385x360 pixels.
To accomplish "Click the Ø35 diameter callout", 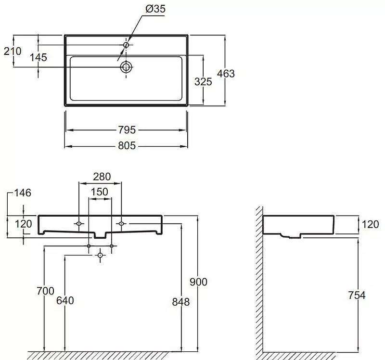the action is pos(155,9).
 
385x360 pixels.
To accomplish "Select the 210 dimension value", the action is pos(13,51).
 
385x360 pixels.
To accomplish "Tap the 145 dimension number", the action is pos(38,57).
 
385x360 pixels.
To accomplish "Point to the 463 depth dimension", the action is pos(226,74).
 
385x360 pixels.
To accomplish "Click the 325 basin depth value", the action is pos(203,82).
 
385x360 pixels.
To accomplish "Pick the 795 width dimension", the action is pos(127,130).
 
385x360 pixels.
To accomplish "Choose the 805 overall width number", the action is pos(127,146).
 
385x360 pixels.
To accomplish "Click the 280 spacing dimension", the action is pos(102,177).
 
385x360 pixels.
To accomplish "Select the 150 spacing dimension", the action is pos(100,192).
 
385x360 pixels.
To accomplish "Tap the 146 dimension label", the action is pos(23,193).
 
